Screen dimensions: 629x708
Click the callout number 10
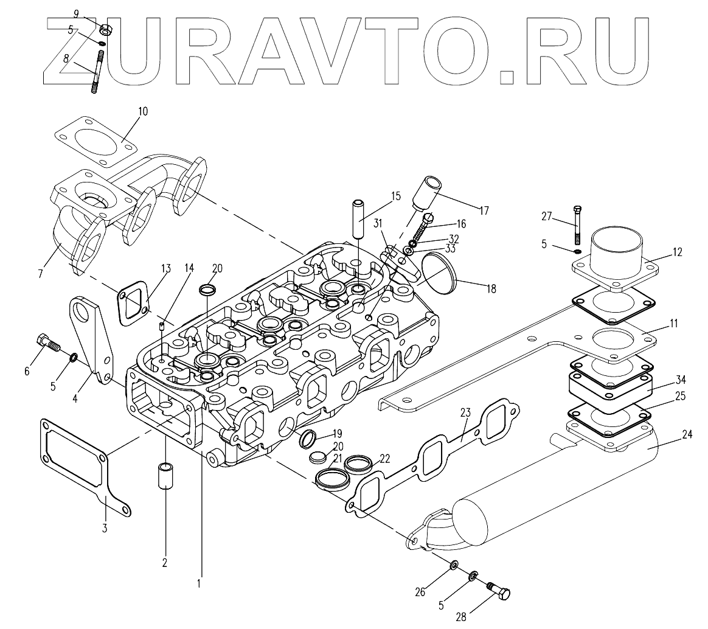[x=143, y=112]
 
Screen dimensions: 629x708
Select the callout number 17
[x=484, y=211]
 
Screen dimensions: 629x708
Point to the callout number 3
[x=104, y=527]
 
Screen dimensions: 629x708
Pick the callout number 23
[x=465, y=411]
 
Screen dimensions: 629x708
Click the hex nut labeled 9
[x=104, y=28]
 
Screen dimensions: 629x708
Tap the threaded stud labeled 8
[x=98, y=72]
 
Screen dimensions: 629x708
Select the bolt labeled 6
[x=47, y=342]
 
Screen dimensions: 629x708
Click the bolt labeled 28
[x=499, y=589]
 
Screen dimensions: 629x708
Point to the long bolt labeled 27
[x=577, y=226]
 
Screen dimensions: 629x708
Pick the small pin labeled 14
[x=162, y=327]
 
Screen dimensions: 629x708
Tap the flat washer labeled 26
[x=454, y=566]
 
